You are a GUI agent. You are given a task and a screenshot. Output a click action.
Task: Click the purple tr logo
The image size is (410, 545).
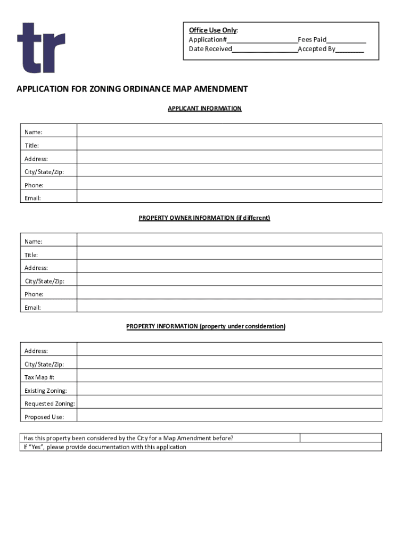[x=41, y=48]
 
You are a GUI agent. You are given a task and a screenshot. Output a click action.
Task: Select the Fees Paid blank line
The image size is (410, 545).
[x=346, y=40]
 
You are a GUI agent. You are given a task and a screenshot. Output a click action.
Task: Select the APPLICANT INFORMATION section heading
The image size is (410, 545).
[x=204, y=109]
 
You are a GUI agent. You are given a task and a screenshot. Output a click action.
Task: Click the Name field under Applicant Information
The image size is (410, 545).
[x=229, y=130]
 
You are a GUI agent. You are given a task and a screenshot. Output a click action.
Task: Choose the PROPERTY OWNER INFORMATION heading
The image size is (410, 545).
[x=204, y=218]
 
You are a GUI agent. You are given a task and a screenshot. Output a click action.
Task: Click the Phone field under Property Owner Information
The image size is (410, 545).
[x=229, y=293]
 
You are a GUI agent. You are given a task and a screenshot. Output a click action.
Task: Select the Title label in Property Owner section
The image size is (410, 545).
[x=31, y=255]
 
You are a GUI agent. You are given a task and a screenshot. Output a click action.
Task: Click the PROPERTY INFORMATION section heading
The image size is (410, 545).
[x=206, y=326]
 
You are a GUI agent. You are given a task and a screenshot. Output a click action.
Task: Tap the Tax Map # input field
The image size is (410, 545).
[x=229, y=376]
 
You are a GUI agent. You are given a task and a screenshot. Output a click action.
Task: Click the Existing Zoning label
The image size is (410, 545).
[x=46, y=391]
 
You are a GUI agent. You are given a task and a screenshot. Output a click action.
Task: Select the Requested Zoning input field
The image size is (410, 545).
[x=229, y=402]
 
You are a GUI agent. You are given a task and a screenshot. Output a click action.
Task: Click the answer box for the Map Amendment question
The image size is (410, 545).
[x=341, y=438]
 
